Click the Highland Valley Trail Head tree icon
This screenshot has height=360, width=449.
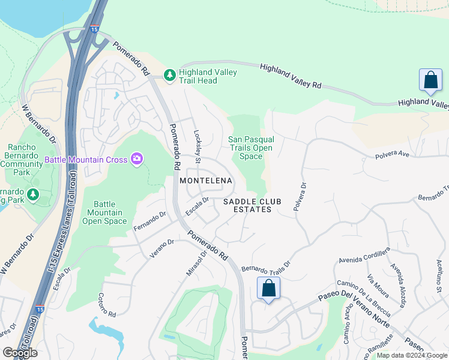pyautogui.click(x=170, y=75)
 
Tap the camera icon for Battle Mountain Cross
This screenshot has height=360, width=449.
pyautogui.click(x=137, y=159)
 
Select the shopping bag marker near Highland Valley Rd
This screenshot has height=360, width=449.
pyautogui.click(x=430, y=80)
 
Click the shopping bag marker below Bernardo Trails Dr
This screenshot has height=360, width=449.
pyautogui.click(x=269, y=288)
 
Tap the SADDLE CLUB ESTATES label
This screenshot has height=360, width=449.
pyautogui.click(x=248, y=206)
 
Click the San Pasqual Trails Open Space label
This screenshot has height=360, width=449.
pyautogui.click(x=251, y=148)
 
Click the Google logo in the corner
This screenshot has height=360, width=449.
pyautogui.click(x=20, y=353)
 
